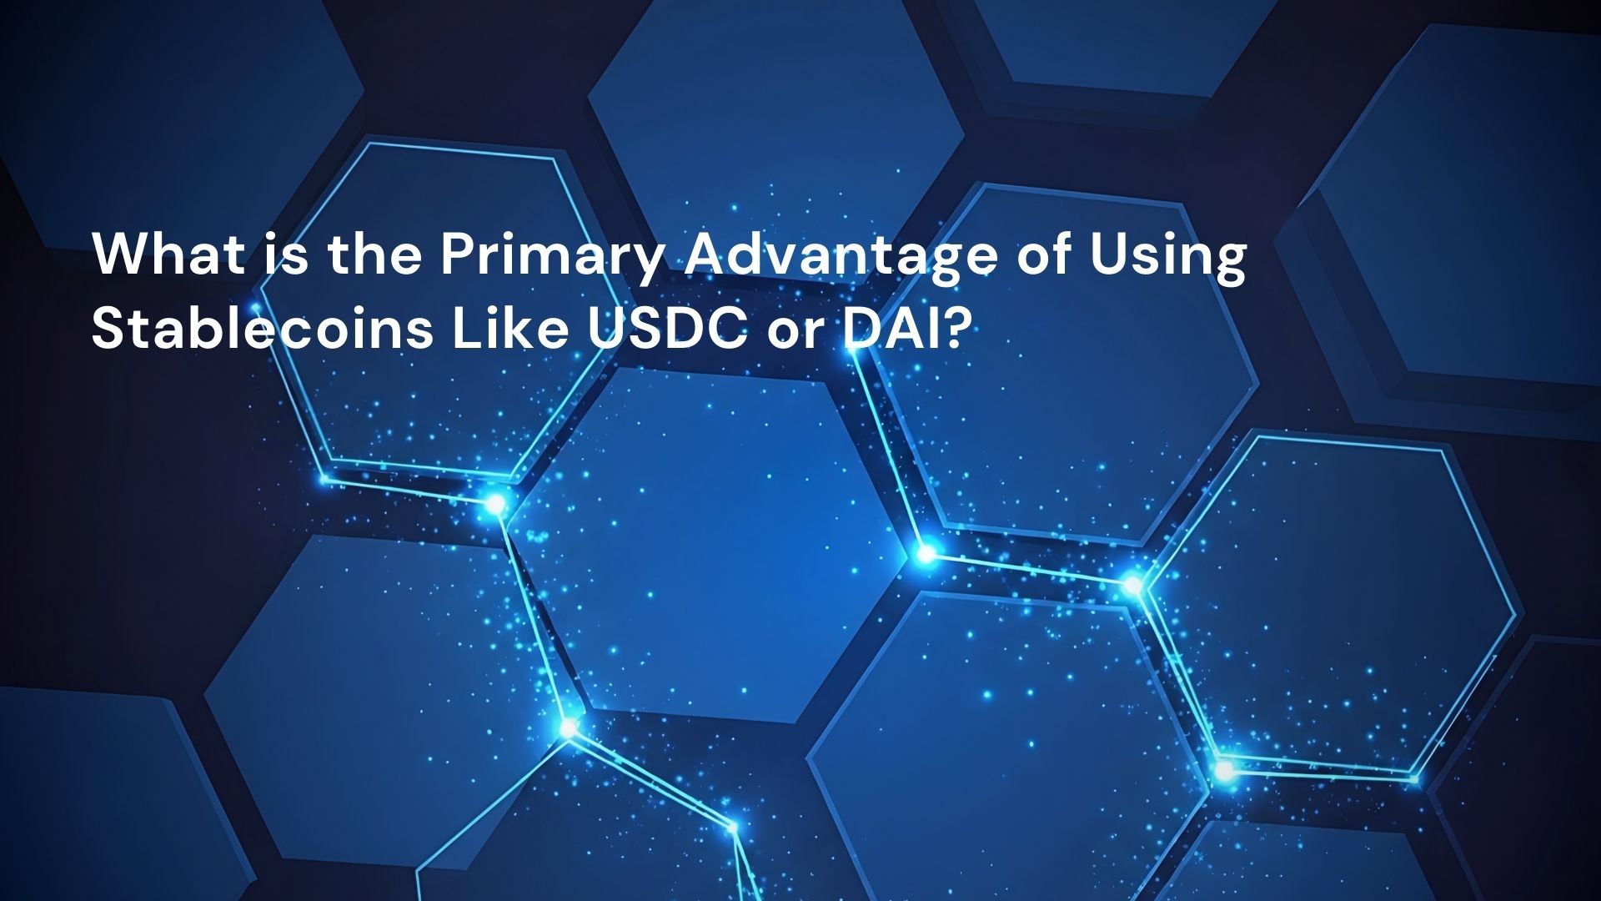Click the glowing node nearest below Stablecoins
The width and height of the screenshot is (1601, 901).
[495, 504]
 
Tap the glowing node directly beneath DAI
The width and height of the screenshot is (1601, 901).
[926, 553]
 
